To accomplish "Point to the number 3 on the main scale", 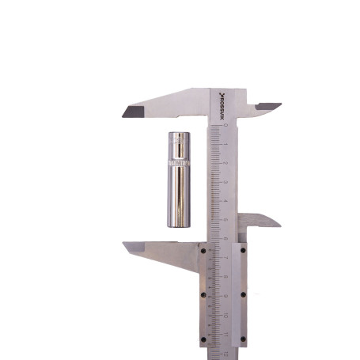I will [225, 182].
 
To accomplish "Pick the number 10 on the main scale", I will [225, 314].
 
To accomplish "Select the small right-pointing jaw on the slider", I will [265, 221].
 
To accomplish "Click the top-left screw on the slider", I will [203, 251].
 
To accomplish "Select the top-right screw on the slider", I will [242, 251].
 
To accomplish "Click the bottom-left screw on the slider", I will [203, 339].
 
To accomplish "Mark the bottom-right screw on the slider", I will [242, 339].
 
